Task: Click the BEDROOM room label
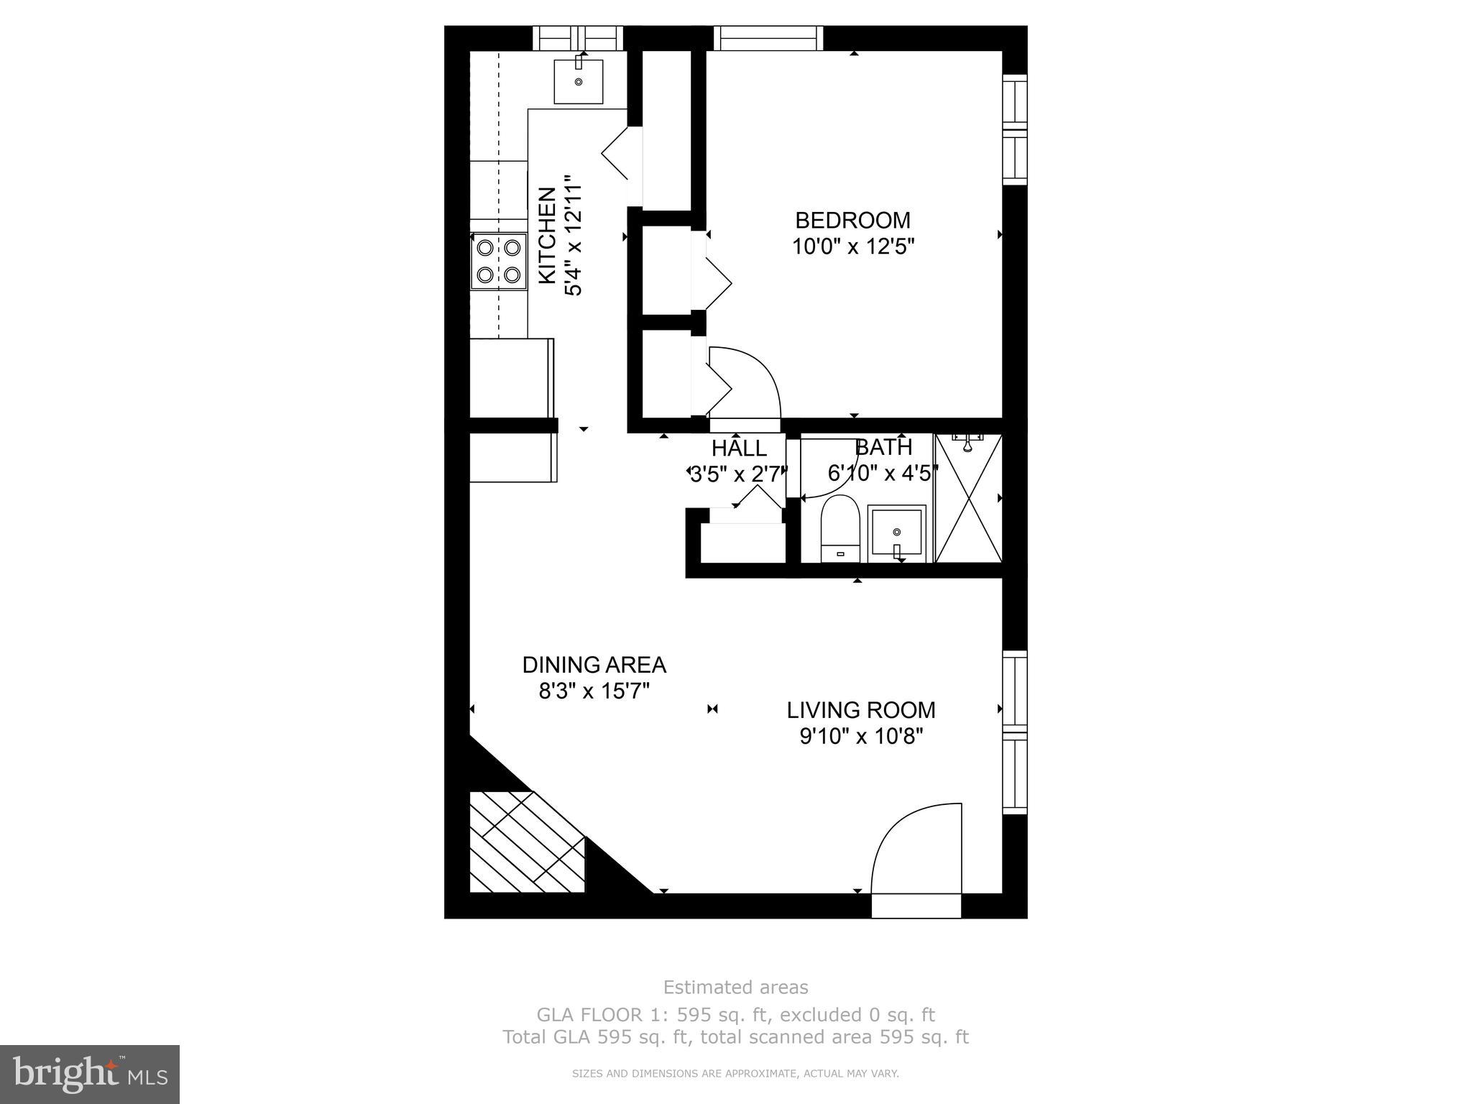pyautogui.click(x=852, y=220)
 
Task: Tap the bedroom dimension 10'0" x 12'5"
pyautogui.click(x=852, y=247)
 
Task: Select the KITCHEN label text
pyautogui.click(x=548, y=235)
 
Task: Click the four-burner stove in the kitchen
pyautogui.click(x=499, y=261)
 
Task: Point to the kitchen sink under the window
pyautogui.click(x=578, y=81)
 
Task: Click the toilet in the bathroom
pyautogui.click(x=840, y=528)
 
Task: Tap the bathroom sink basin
pyautogui.click(x=896, y=533)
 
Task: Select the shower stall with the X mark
pyautogui.click(x=968, y=498)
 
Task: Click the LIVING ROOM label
pyautogui.click(x=860, y=710)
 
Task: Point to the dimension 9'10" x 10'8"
pyautogui.click(x=860, y=737)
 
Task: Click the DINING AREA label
pyautogui.click(x=594, y=665)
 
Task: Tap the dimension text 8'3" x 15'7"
pyautogui.click(x=594, y=691)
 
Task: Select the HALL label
pyautogui.click(x=739, y=448)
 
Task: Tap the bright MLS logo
pyautogui.click(x=90, y=1073)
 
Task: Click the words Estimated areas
pyautogui.click(x=735, y=988)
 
